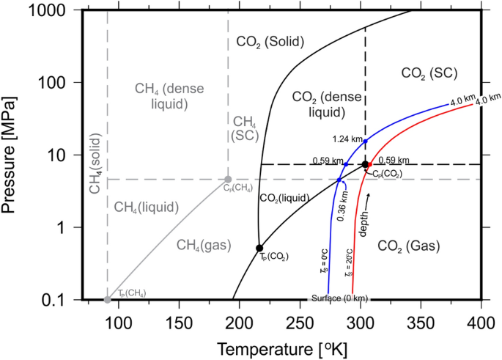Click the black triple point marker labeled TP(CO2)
tap(259, 248)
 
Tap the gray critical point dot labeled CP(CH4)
tap(228, 179)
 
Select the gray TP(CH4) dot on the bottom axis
tap(108, 299)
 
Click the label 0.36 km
tap(342, 205)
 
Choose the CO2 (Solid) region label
tap(270, 41)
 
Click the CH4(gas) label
tap(197, 247)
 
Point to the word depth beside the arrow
tap(363, 220)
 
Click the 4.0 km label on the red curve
tap(487, 100)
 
